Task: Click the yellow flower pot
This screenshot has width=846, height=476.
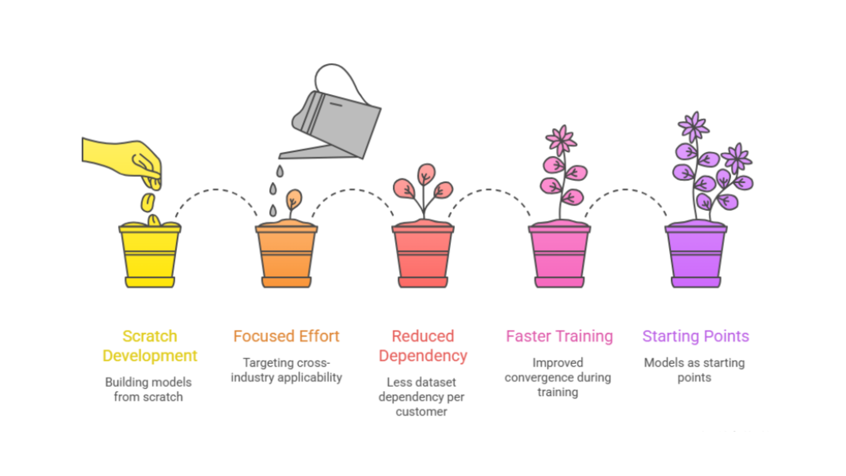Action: (x=150, y=256)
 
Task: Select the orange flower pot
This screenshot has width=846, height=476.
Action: (x=286, y=256)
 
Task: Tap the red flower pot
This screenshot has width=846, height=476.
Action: (x=423, y=256)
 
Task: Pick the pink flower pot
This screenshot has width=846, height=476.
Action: (x=559, y=256)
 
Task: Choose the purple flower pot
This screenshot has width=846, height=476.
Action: (x=696, y=256)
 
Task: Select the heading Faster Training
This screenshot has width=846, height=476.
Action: (x=559, y=336)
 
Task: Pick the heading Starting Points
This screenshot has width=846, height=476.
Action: (x=696, y=336)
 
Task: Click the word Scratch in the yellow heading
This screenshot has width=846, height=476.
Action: (x=150, y=336)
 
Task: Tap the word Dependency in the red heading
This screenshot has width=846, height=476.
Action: (x=423, y=356)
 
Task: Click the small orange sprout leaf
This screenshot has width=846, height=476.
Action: (x=294, y=198)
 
